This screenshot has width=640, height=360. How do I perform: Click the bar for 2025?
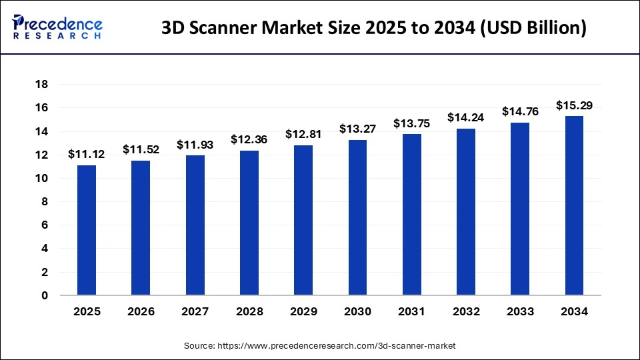click(87, 230)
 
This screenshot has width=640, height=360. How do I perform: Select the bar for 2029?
click(303, 220)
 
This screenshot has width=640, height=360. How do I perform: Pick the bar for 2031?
click(412, 214)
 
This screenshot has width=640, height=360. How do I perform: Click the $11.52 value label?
click(141, 150)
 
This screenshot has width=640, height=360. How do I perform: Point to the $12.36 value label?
click(249, 140)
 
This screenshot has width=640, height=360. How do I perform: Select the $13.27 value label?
click(357, 129)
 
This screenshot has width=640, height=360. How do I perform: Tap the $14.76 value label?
click(520, 111)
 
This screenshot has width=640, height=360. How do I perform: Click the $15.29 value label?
click(574, 105)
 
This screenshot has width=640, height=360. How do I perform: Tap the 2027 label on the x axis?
click(195, 311)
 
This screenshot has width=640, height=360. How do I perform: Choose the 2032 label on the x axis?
click(466, 311)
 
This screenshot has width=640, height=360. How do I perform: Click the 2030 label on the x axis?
click(357, 311)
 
